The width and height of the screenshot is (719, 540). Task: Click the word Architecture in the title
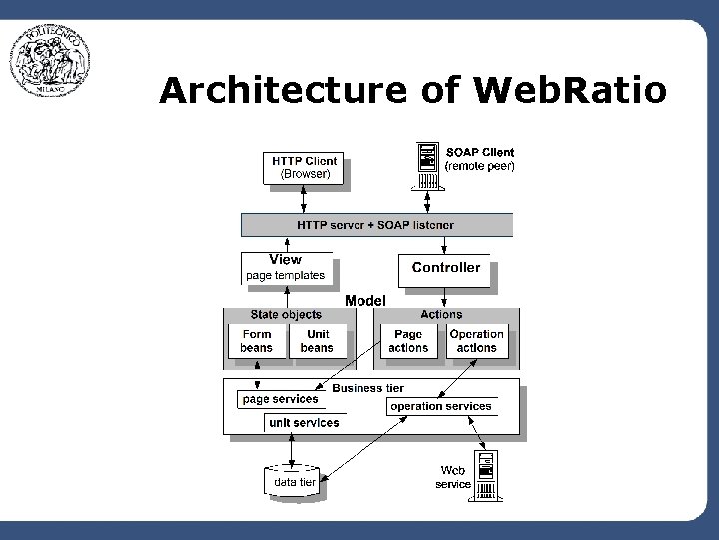pos(283,91)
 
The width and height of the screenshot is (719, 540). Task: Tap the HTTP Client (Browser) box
pos(305,167)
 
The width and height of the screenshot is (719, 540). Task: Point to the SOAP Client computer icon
pos(426,165)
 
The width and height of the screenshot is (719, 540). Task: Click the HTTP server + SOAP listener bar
pos(375,225)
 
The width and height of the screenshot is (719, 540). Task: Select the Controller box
pos(445,268)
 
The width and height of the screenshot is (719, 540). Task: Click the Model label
pos(365,300)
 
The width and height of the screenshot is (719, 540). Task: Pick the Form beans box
pos(257,341)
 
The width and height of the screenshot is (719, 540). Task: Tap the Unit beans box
pos(317,341)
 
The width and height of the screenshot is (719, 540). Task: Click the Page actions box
pos(408,341)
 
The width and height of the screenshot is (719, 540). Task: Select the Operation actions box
pos(476,341)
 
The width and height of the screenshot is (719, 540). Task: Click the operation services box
pos(441,406)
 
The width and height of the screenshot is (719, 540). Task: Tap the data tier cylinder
pos(294,481)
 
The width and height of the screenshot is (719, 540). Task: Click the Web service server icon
pos(486,476)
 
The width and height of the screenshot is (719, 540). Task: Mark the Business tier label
pos(367,388)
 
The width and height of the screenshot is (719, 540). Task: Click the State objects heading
pos(286,314)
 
